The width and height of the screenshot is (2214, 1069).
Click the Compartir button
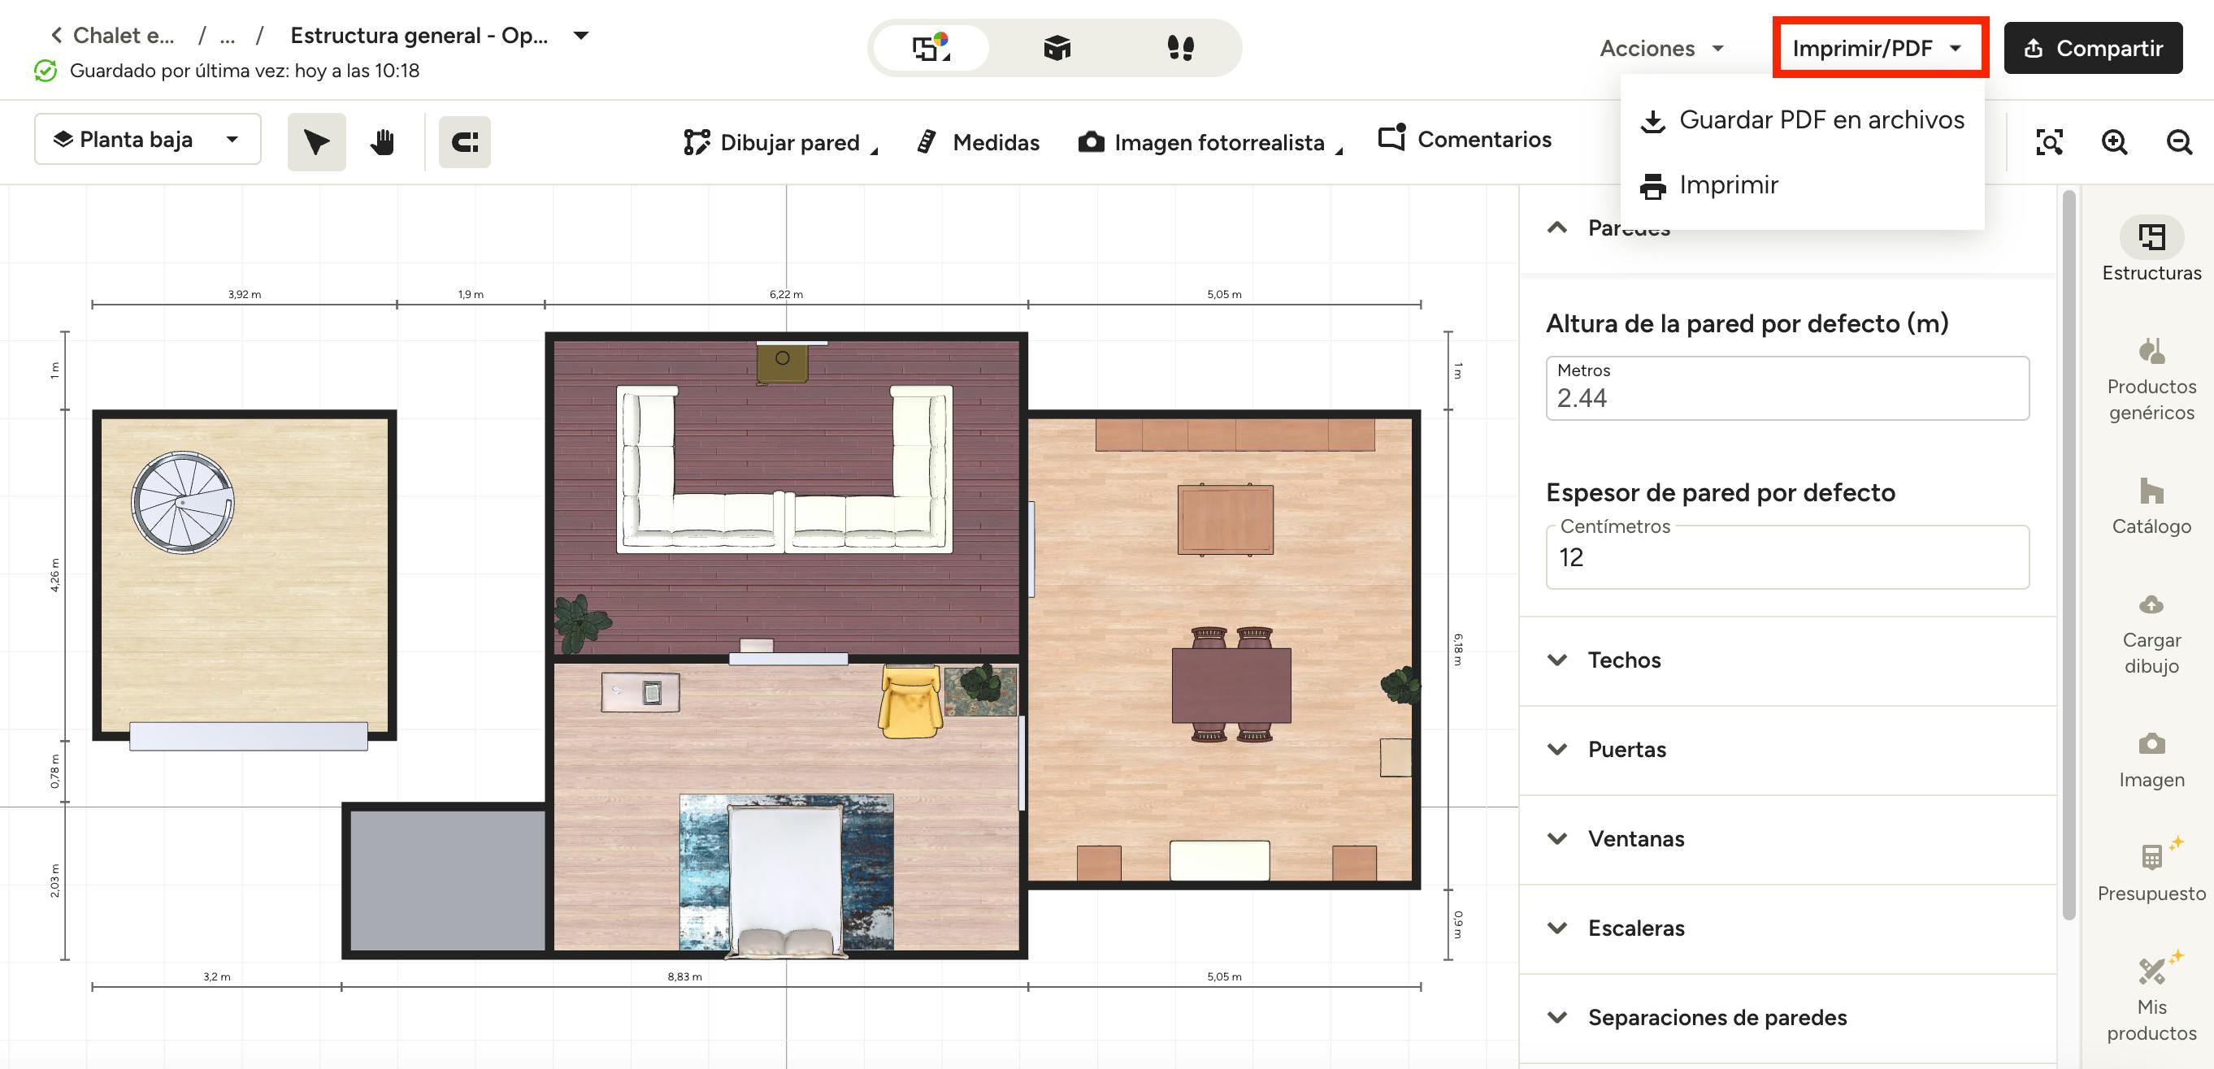(2093, 48)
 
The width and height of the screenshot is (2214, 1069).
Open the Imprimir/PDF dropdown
(1878, 48)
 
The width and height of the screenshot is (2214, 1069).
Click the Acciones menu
(1661, 48)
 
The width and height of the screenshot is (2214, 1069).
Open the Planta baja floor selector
(148, 139)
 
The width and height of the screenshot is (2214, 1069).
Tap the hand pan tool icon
(383, 142)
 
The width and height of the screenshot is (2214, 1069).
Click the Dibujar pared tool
(780, 142)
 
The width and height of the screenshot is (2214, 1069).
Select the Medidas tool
(978, 142)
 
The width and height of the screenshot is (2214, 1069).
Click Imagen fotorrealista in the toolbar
(1210, 142)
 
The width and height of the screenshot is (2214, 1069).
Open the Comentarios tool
(1465, 138)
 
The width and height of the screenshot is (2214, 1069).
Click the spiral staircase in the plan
(182, 503)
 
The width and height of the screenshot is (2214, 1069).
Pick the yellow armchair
(910, 701)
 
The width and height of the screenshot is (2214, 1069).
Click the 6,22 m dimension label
(787, 295)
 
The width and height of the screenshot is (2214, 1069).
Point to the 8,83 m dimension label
(685, 977)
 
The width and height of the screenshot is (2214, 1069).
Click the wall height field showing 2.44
(1786, 388)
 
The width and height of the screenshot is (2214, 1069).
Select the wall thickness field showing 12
(1786, 557)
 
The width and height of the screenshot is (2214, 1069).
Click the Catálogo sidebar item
(2151, 506)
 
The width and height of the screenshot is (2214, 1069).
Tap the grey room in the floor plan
(447, 880)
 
